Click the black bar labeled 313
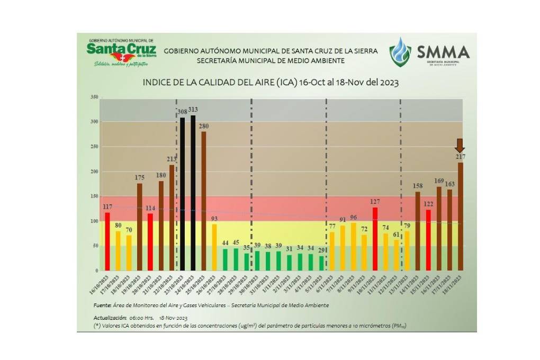(x=193, y=193)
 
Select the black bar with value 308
(x=182, y=194)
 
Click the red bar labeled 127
(x=375, y=239)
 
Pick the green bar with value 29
(x=321, y=263)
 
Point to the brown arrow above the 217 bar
(x=460, y=145)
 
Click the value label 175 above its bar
(x=139, y=177)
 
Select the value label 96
(x=353, y=217)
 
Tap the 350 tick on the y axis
(x=94, y=97)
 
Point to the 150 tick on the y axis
(x=94, y=196)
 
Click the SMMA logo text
(x=443, y=52)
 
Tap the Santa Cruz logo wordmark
(x=121, y=49)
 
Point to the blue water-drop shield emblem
(x=400, y=52)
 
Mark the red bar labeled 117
(x=107, y=241)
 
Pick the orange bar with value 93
(x=214, y=247)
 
